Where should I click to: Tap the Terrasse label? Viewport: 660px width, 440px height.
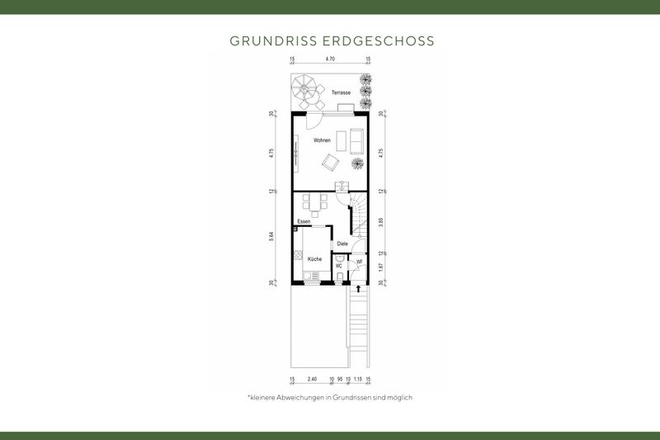[342, 93]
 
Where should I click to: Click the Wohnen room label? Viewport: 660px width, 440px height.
[322, 141]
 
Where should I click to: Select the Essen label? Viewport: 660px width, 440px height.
[304, 222]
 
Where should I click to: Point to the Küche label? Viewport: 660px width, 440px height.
[314, 259]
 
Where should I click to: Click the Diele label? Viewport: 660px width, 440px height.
[342, 244]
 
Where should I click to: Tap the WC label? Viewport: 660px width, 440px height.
[339, 266]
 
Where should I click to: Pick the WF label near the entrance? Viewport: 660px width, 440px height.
[359, 262]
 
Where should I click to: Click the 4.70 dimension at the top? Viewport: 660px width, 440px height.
[330, 59]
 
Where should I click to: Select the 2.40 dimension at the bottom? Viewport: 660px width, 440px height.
[312, 380]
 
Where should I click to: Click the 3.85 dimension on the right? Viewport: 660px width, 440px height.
[380, 222]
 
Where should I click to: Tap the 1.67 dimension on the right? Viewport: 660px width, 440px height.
[380, 267]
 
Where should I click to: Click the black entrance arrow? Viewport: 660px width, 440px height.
[358, 288]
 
